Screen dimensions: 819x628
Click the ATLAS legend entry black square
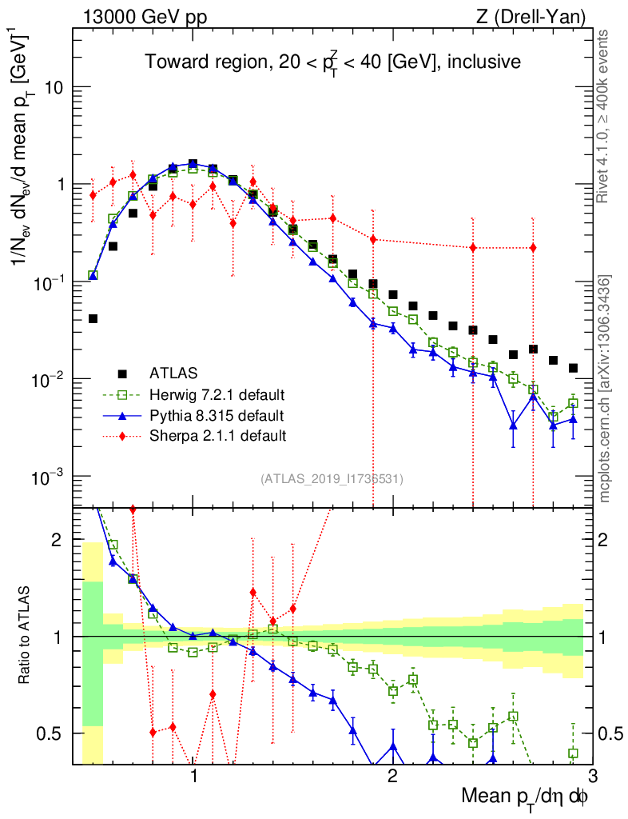[122, 373]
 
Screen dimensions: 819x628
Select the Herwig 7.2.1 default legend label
[217, 394]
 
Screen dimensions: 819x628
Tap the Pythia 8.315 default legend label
[217, 415]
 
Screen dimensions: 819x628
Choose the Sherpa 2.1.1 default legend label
[217, 436]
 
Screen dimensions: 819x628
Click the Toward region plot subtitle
[332, 62]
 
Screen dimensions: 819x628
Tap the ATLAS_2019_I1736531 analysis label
[332, 479]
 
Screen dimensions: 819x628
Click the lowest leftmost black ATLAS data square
[93, 318]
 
